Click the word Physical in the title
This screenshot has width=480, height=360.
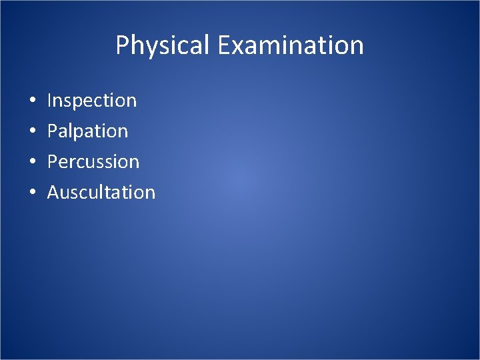pos(163,45)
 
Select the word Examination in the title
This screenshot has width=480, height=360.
pos(290,45)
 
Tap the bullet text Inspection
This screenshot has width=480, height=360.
pos(92,101)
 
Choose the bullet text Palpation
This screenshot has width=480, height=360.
pos(87,131)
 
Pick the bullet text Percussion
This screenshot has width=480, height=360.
pos(93,162)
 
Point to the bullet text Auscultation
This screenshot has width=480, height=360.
pos(101,193)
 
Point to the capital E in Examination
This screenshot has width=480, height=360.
pos(223,45)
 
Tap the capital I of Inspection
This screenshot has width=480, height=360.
pos(50,101)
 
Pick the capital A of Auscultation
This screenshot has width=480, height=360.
pos(53,193)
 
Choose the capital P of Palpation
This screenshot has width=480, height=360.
pos(53,131)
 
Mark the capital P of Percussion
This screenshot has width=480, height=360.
pos(53,162)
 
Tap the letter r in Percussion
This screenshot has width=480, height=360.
pos(74,163)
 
